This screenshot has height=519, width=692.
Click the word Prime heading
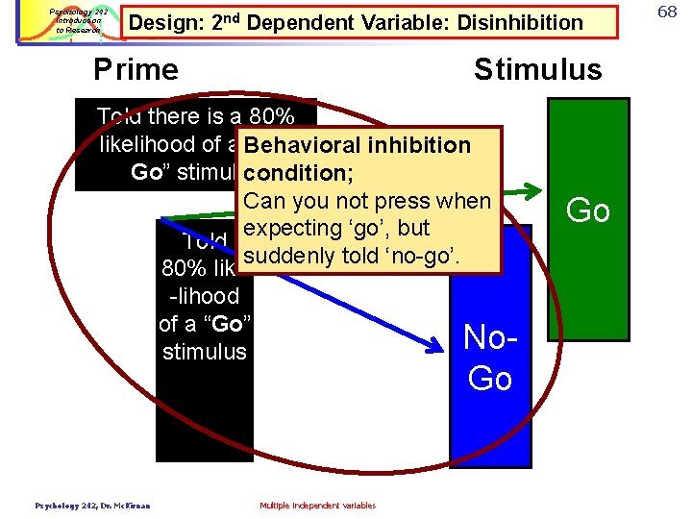(x=136, y=69)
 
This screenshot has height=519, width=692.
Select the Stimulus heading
(x=537, y=69)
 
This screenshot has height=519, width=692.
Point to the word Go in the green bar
(x=588, y=210)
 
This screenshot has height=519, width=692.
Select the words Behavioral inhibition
(x=358, y=146)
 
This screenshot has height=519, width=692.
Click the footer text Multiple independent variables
(x=318, y=506)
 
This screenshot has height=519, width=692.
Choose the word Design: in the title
(x=165, y=22)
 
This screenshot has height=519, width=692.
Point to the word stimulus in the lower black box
(x=205, y=352)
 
